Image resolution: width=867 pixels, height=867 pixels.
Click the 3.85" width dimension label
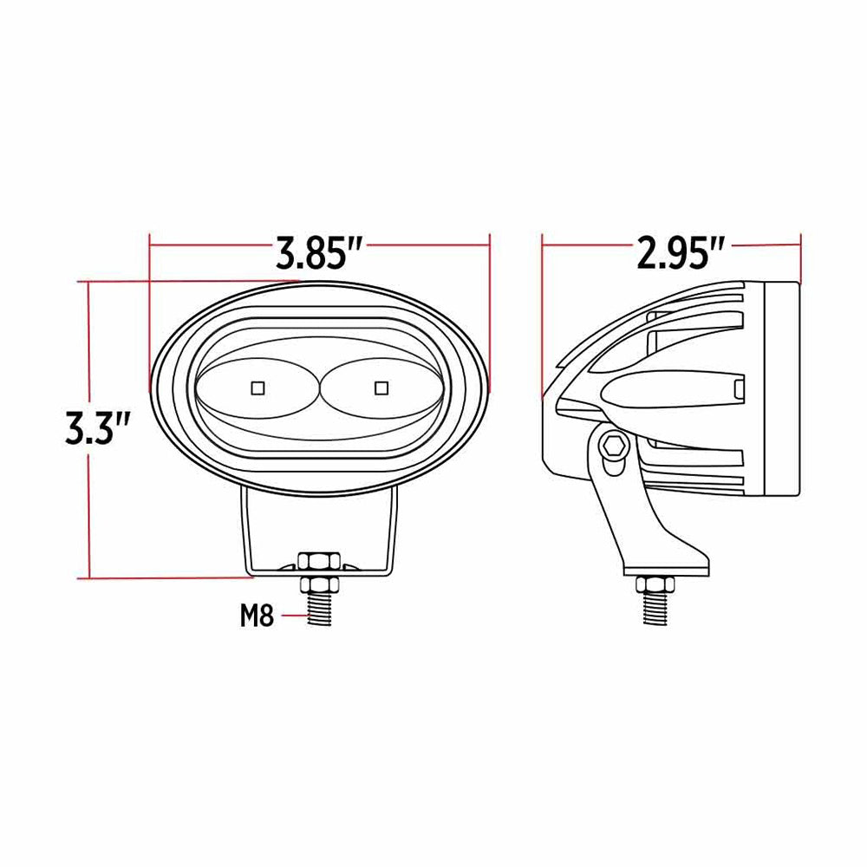(x=318, y=253)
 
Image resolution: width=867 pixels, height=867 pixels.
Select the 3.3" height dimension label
(x=97, y=427)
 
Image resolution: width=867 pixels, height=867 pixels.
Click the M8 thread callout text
(x=257, y=617)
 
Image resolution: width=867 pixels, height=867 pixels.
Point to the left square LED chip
(x=257, y=385)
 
